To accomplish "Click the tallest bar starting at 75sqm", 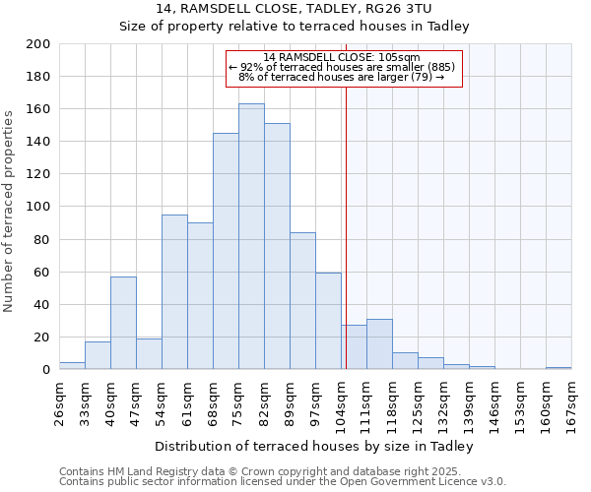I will [251, 236].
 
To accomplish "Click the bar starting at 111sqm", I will [379, 344].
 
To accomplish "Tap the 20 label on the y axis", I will [42, 338].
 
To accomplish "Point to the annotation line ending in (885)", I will [342, 67].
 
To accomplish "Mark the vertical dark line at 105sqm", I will [346, 226].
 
